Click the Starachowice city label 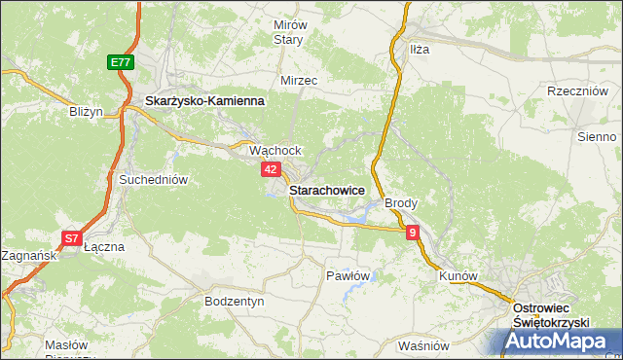point(327,192)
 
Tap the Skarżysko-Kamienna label point(204,100)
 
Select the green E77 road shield point(120,62)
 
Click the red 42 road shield point(273,169)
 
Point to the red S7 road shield point(71,238)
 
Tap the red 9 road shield point(413,232)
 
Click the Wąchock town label point(275,151)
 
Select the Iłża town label point(420,48)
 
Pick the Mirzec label point(299,81)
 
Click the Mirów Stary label point(289,32)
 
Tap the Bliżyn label point(86,112)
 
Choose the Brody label point(401,203)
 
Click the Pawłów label point(348,275)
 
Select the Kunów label point(458,275)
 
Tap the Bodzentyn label point(235,302)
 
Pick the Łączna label point(105,247)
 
